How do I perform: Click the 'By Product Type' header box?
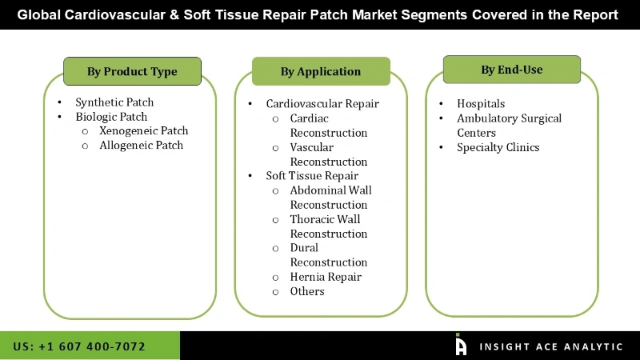[x=132, y=72]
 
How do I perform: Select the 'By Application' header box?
[x=321, y=72]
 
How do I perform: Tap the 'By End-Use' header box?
[x=512, y=70]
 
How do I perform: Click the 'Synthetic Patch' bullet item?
[x=114, y=102]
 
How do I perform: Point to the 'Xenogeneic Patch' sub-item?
[x=144, y=130]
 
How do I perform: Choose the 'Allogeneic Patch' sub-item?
[x=141, y=145]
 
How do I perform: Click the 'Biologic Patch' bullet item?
[x=111, y=117]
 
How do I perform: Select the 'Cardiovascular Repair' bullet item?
[x=322, y=104]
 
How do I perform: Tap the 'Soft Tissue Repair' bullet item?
[x=312, y=175]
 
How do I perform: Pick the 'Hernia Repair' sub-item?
[x=326, y=277]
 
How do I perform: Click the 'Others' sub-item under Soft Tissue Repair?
[x=307, y=291]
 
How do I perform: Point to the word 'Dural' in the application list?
[x=304, y=248]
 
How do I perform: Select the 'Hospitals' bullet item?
[x=481, y=104]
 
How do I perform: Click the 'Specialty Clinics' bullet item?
[x=498, y=147]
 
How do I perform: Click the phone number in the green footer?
[x=79, y=346]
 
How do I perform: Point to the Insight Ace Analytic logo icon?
[x=461, y=345]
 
